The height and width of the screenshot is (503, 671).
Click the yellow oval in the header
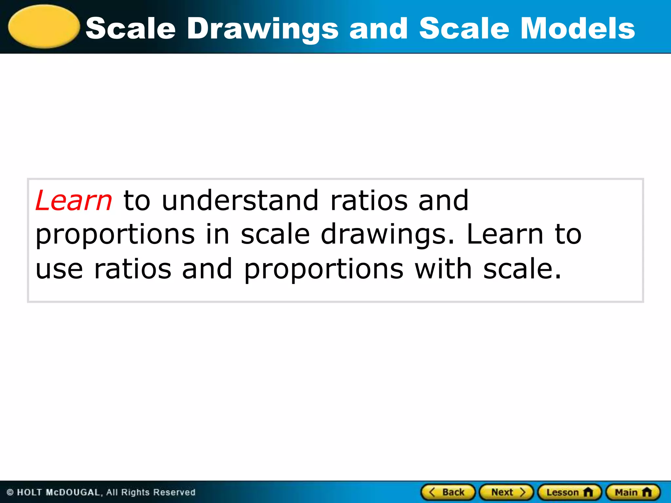44,27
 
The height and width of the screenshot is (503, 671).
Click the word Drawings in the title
262,29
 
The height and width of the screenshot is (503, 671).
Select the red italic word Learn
74,200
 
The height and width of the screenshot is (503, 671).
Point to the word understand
240,200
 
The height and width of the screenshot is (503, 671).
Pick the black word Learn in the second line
505,234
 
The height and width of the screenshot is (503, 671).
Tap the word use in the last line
59,269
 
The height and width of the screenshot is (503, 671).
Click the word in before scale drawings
218,234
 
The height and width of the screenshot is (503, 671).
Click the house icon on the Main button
647,492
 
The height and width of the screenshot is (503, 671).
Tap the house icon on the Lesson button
588,492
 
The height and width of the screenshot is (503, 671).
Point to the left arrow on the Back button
432,492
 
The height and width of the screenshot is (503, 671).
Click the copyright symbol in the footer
10,493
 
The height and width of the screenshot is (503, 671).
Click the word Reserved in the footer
174,493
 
